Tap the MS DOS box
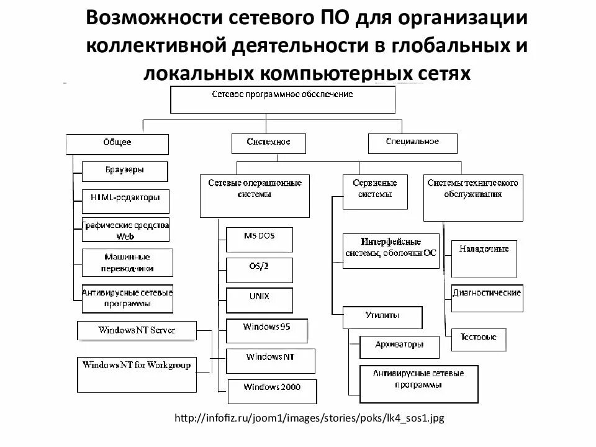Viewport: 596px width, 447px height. tap(260, 239)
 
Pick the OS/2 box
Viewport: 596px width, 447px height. tap(259, 268)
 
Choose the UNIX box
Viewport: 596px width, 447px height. tap(259, 299)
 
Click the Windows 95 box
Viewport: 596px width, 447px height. tap(267, 330)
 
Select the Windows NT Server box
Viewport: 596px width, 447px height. tap(137, 330)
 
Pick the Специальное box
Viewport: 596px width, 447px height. tap(412, 142)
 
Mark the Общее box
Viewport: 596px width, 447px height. tap(117, 144)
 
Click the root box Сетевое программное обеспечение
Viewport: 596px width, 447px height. tap(282, 99)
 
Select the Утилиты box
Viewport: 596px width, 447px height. tap(382, 317)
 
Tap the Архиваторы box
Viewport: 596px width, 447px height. tap(399, 344)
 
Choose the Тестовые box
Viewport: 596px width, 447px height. tap(478, 339)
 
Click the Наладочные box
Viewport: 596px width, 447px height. tap(484, 258)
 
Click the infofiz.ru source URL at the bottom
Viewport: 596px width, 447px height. tap(310, 418)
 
